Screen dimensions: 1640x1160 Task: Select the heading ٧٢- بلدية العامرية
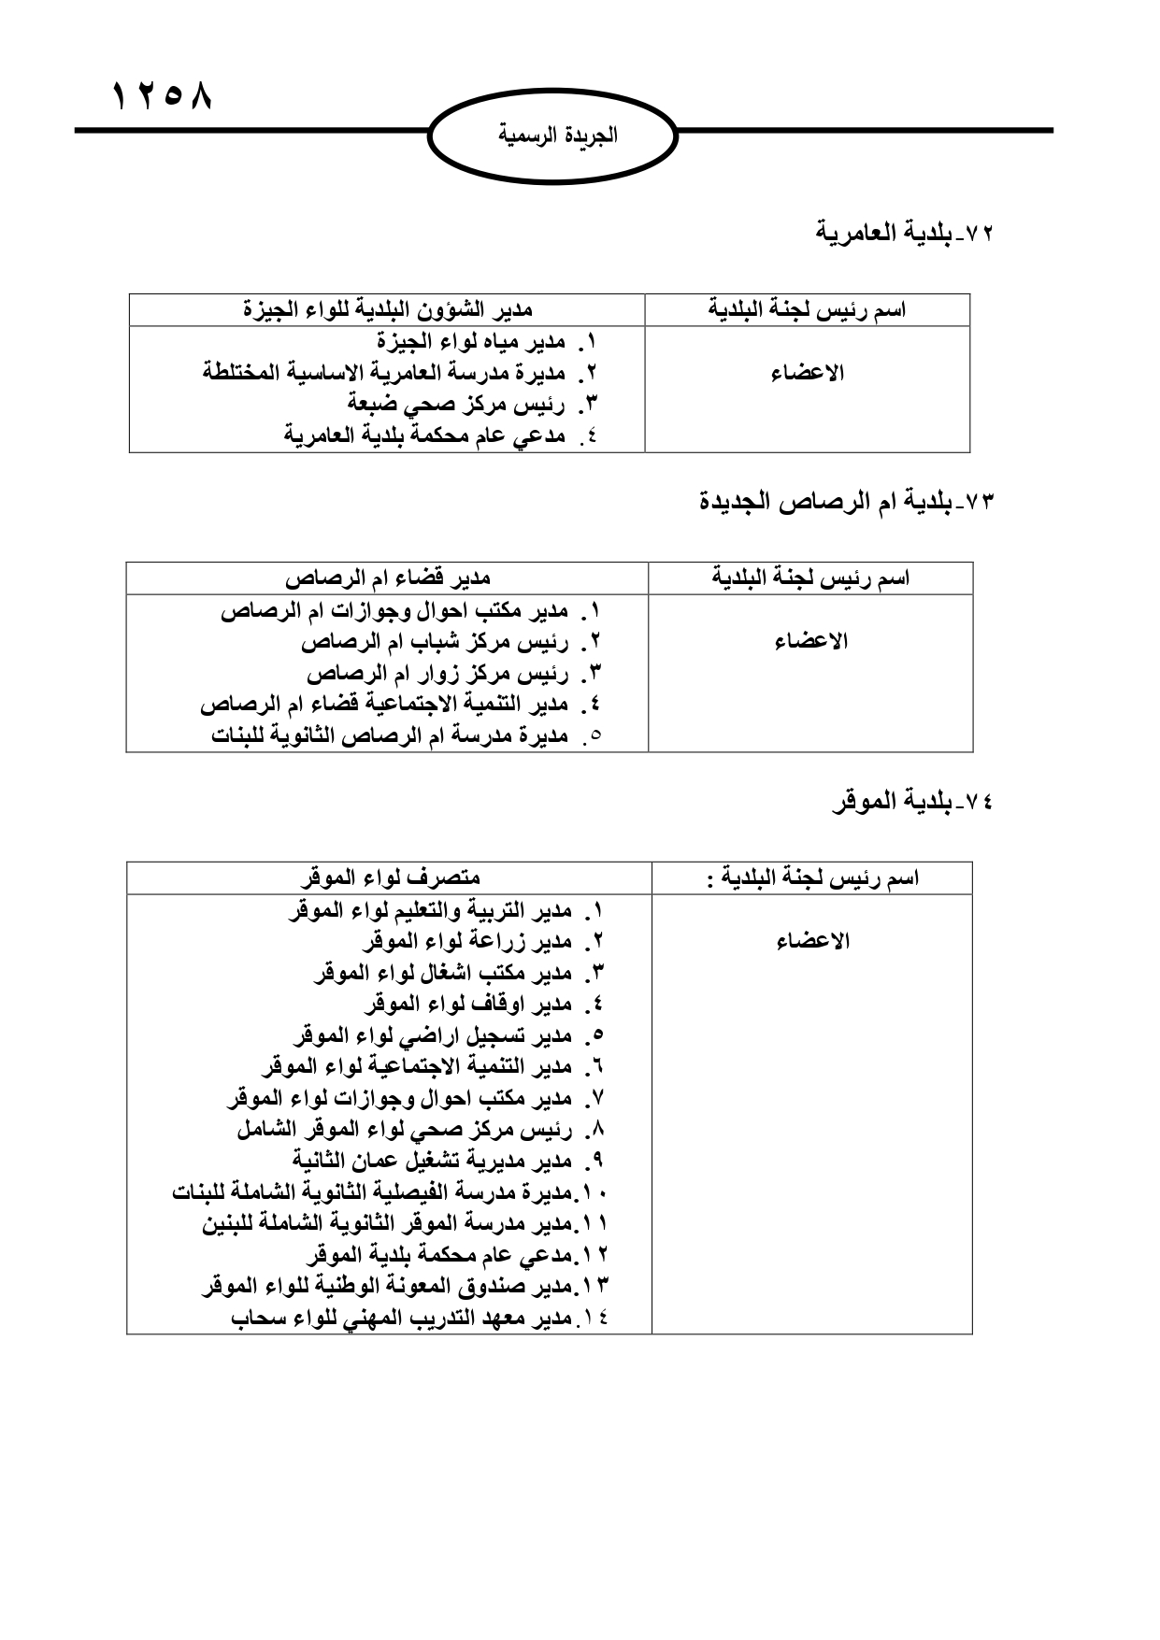[905, 232]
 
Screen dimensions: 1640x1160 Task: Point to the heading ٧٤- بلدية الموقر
[911, 801]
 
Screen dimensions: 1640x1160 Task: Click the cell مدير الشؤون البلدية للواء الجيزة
[387, 309]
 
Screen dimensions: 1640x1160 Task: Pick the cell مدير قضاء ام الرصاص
[387, 578]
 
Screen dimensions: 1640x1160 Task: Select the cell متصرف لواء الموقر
[389, 877]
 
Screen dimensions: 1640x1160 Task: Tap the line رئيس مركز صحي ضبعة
[472, 405]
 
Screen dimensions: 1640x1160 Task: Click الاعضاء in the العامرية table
[808, 373]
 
